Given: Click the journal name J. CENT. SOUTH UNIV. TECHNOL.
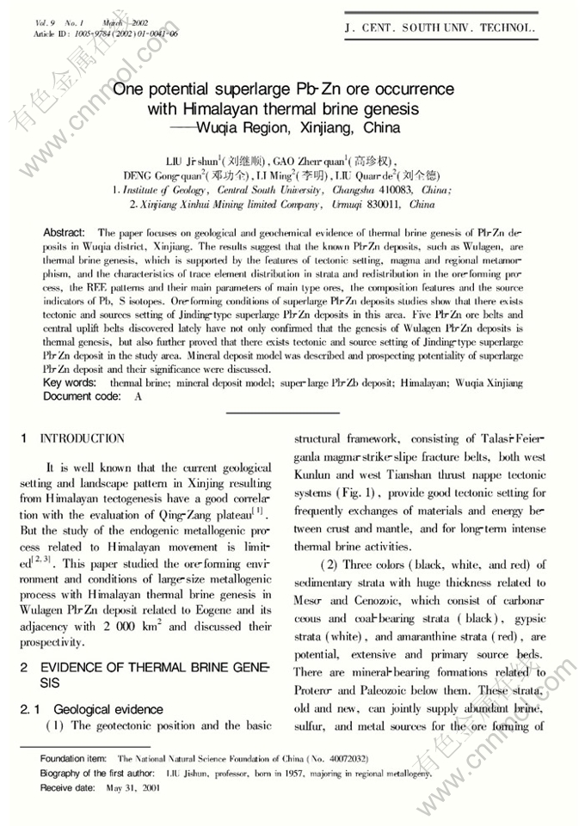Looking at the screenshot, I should coord(440,28).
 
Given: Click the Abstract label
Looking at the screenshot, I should coord(64,233).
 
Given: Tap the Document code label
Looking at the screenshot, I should coord(80,396).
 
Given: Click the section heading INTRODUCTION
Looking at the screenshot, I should coord(82,438).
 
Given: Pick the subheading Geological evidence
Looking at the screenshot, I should coord(108,709).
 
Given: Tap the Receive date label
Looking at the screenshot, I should coord(68,787).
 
